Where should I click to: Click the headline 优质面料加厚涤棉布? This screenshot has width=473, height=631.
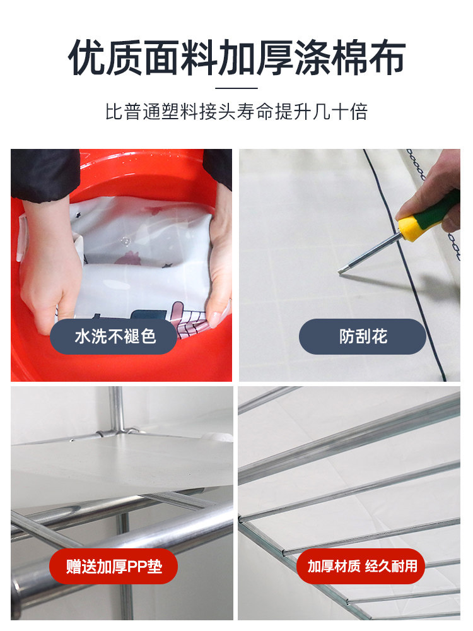[x=236, y=58]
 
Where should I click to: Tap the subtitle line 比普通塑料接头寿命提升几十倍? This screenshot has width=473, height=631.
[x=236, y=112]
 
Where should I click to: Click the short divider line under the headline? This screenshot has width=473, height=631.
[x=236, y=88]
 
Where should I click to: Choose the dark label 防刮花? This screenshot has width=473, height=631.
[x=362, y=336]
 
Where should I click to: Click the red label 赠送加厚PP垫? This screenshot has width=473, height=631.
[x=114, y=566]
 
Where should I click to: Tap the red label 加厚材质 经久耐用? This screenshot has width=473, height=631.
[x=362, y=566]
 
